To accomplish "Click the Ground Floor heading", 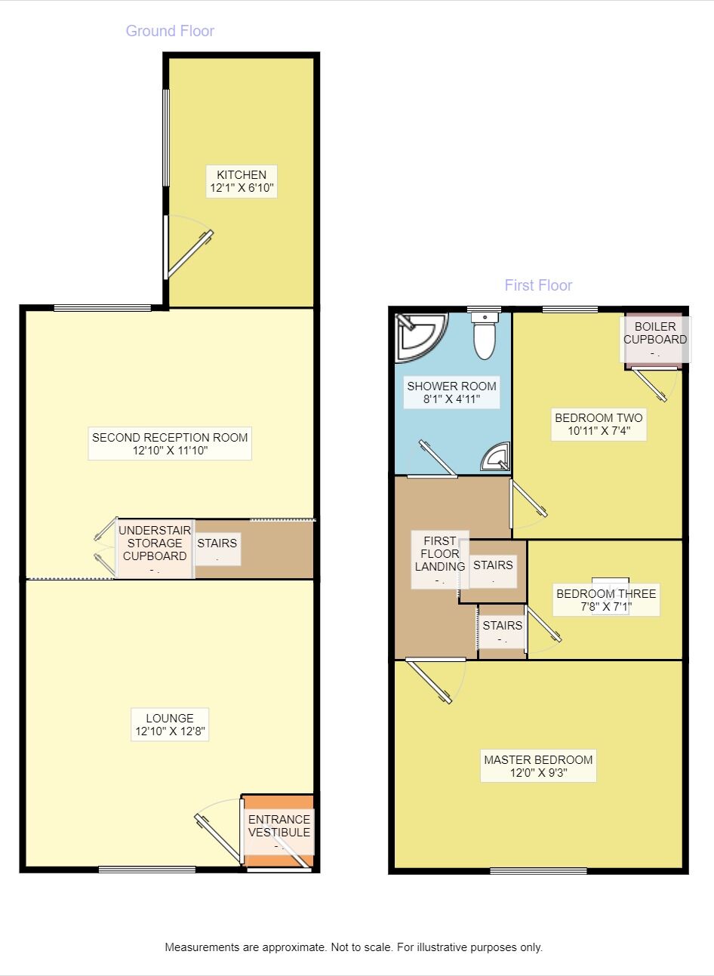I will [x=170, y=31].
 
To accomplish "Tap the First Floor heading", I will [x=538, y=285].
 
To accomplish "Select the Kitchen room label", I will [x=242, y=181].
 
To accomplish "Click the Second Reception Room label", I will [x=170, y=444].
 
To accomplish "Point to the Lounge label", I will [x=170, y=725].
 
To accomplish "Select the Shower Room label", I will [x=451, y=393].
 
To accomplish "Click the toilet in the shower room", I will [x=484, y=337].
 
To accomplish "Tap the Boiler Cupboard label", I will [x=654, y=336].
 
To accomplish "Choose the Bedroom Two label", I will [x=599, y=424].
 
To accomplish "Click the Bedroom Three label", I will [x=606, y=599].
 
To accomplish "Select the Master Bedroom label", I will [x=538, y=766].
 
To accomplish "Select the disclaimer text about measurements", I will [x=353, y=947].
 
